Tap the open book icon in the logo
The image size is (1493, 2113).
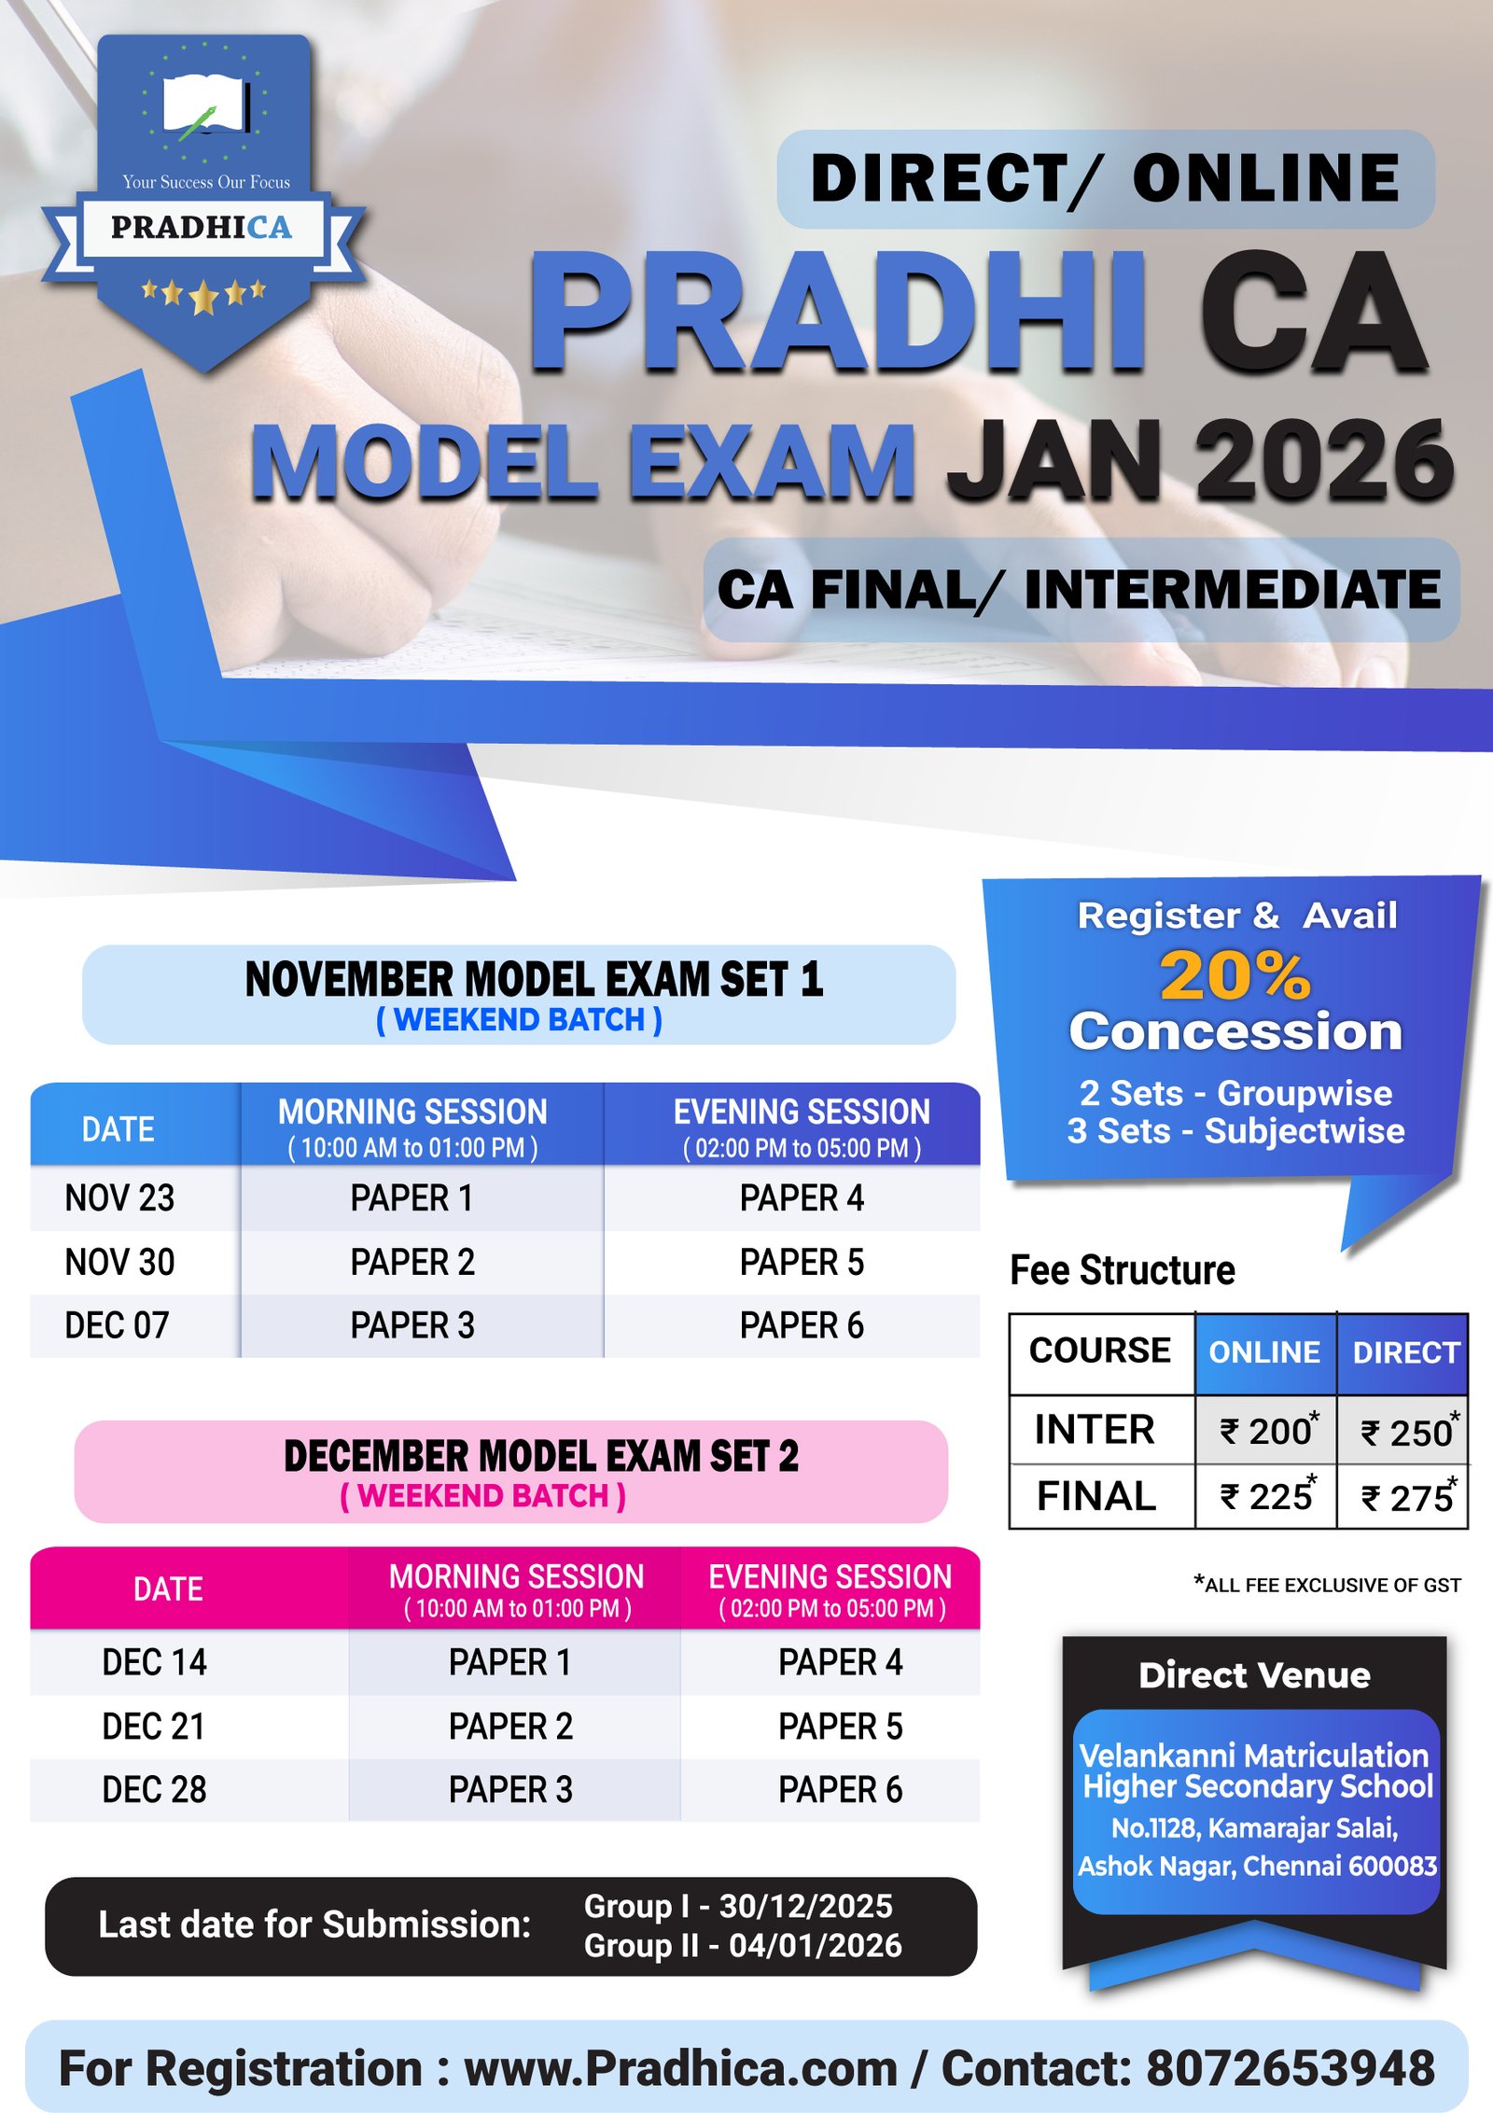coord(206,105)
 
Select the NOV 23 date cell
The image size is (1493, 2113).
coord(119,1198)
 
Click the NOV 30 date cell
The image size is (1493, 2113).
coord(119,1262)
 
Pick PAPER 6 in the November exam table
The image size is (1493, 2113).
coord(802,1325)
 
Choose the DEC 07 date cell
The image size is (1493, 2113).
coord(117,1325)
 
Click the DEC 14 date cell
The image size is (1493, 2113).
coord(154,1662)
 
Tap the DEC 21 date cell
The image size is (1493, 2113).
coord(154,1727)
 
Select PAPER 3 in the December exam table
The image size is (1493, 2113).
coord(510,1790)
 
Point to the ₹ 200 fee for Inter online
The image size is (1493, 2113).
coord(1268,1431)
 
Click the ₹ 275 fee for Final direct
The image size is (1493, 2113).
coord(1409,1496)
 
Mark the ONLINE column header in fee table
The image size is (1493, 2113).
coord(1264,1352)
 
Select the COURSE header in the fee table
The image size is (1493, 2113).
coord(1099,1350)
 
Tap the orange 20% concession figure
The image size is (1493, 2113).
coord(1235,975)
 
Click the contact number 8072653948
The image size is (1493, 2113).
coord(1291,2068)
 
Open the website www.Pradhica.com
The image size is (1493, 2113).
coord(681,2068)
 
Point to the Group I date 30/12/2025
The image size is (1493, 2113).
coord(805,1906)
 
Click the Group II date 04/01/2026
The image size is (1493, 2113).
coord(816,1945)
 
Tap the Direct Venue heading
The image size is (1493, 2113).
coord(1254,1675)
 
